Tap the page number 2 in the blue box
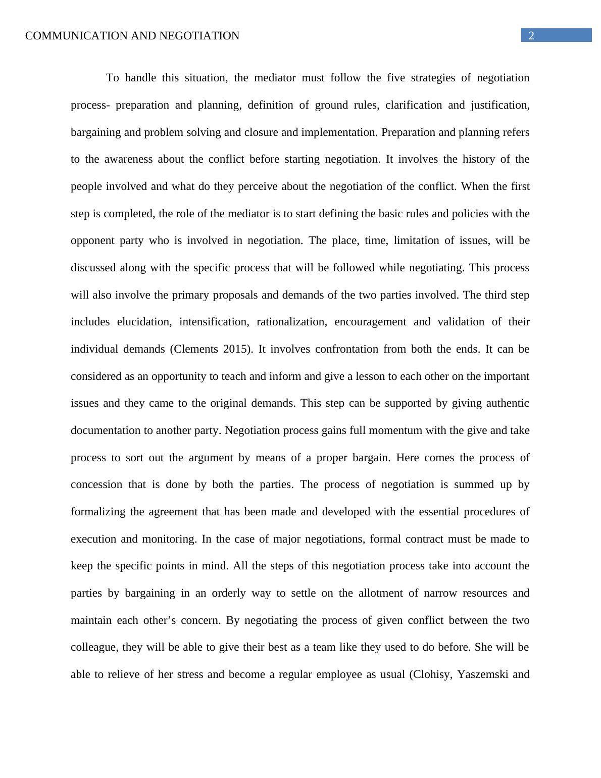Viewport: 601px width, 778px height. point(531,35)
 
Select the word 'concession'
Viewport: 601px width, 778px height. point(96,484)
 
